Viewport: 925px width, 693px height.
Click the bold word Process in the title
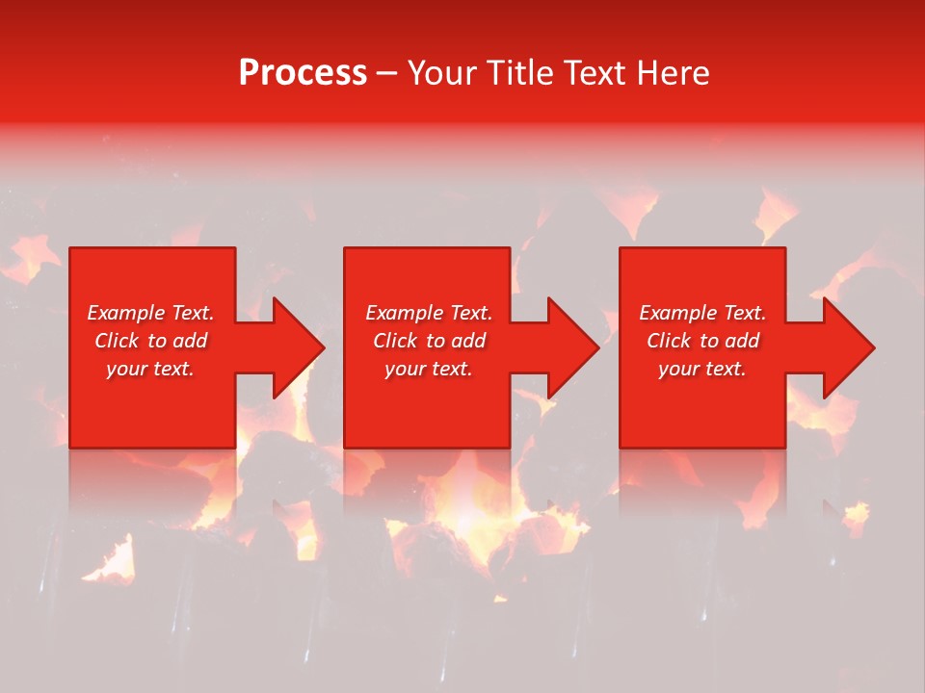click(x=303, y=73)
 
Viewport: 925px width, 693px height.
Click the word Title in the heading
click(x=518, y=73)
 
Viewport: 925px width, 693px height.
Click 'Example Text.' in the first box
click(x=150, y=313)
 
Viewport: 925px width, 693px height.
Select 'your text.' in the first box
click(x=150, y=369)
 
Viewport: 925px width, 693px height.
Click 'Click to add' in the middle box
click(x=429, y=341)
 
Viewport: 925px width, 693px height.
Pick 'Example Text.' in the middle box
click(x=429, y=313)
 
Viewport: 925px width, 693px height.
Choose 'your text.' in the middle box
click(x=429, y=369)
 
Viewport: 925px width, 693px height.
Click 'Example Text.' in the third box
click(x=702, y=313)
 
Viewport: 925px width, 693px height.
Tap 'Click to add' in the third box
click(x=702, y=341)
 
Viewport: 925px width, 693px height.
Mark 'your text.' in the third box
click(x=702, y=369)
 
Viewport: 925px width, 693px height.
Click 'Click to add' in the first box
click(x=150, y=341)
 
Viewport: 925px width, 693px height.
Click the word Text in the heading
click(x=595, y=73)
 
